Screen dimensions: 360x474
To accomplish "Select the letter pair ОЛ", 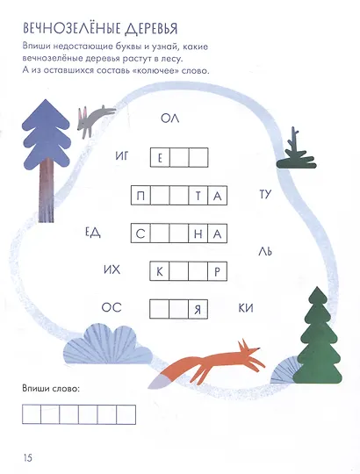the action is click(169, 118).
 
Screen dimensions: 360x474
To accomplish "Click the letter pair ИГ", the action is click(122, 156).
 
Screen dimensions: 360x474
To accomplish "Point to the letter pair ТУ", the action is click(265, 194).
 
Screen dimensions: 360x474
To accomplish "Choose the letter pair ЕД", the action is click(92, 233).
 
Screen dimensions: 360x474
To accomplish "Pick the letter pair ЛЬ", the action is click(265, 251).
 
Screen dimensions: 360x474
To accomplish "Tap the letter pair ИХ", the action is click(112, 269).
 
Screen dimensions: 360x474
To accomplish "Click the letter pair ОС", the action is click(112, 308).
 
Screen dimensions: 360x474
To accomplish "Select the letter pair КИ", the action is click(246, 308).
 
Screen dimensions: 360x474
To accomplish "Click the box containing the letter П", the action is click(140, 196).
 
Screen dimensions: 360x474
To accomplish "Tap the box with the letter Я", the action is click(198, 309).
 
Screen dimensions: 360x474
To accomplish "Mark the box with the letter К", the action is click(160, 271).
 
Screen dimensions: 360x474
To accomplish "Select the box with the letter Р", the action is click(218, 271).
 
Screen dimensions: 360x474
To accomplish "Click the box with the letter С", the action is click(140, 233).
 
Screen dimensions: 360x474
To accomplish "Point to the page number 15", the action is click(27, 457).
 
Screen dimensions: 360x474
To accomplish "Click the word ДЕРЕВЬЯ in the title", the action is click(151, 28).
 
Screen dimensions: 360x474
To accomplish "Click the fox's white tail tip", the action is click(158, 382).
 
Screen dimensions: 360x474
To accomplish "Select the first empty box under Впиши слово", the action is click(32, 414).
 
